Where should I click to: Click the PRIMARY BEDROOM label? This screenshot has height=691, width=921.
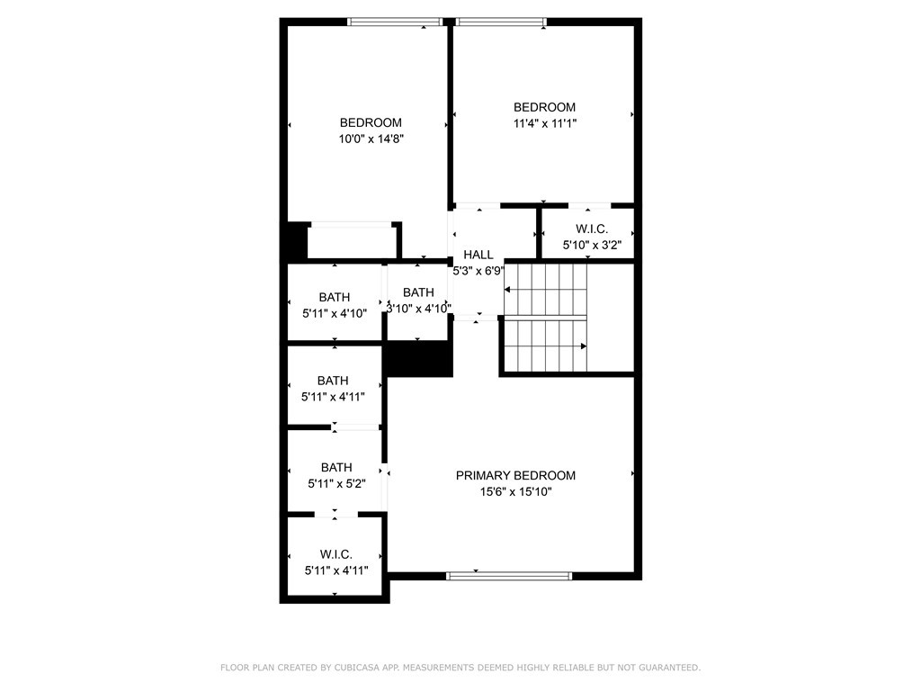point(515,475)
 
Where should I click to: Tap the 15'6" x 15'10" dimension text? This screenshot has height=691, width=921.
point(515,491)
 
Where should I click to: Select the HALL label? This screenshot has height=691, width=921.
point(478,255)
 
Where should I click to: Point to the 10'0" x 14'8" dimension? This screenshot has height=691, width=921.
point(371,139)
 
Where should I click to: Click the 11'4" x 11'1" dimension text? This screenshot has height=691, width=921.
point(544,123)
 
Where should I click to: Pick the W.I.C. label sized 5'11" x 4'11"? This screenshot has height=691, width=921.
point(335,554)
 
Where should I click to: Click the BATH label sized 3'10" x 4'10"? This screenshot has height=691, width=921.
point(418,292)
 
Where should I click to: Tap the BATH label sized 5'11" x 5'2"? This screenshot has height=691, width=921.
point(336,467)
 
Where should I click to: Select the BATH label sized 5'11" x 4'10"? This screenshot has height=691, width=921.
point(334,297)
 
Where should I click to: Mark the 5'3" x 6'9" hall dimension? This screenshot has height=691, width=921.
point(478,270)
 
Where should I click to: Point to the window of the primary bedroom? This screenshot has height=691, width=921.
point(509,576)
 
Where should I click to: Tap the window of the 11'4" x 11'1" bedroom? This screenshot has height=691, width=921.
point(500,22)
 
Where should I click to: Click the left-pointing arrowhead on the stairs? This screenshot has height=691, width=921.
point(507,290)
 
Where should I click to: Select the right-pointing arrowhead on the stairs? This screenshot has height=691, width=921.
point(584,345)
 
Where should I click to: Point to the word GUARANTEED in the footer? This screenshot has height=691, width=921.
point(666,668)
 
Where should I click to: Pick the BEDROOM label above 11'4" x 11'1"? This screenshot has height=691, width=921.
point(544,107)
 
